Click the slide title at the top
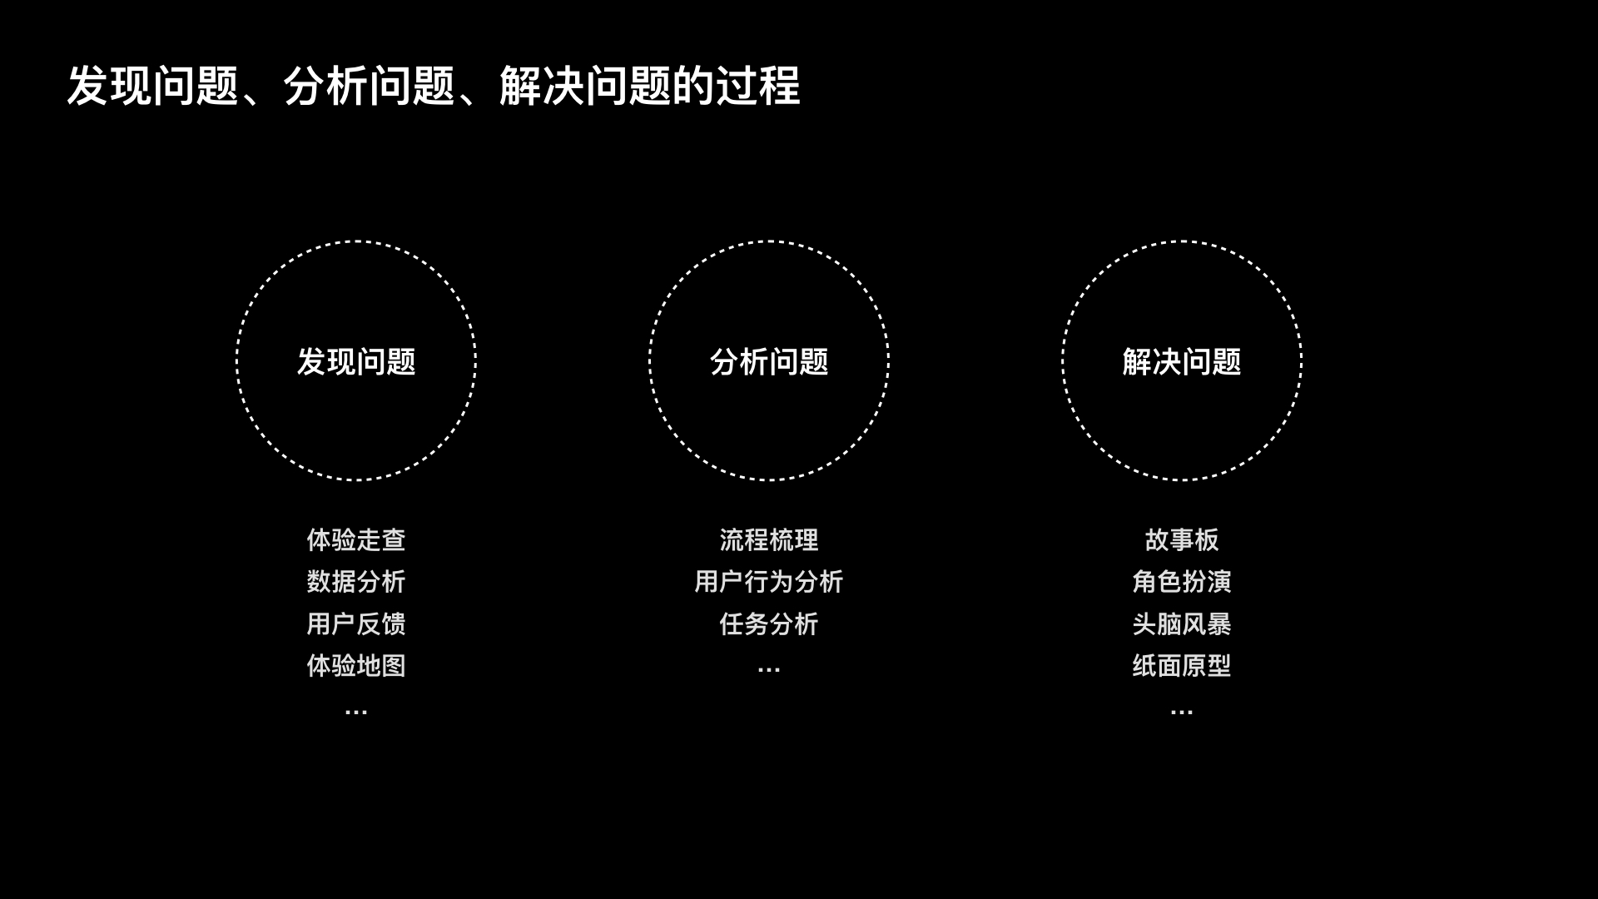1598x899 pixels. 433,86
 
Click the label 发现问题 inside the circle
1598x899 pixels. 356,362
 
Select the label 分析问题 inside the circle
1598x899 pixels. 769,362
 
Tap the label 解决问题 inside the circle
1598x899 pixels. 1182,362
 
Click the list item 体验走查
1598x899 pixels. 356,540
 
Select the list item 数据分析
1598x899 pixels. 356,582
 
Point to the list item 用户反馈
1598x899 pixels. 356,623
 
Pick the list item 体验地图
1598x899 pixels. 356,666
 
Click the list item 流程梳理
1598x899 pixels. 769,540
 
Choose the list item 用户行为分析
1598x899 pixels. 769,582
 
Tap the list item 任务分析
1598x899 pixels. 769,623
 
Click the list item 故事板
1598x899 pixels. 1182,540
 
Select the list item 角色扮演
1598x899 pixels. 1182,582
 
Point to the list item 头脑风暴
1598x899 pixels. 1182,623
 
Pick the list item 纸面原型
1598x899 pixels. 1182,666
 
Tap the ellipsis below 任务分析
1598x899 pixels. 769,669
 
